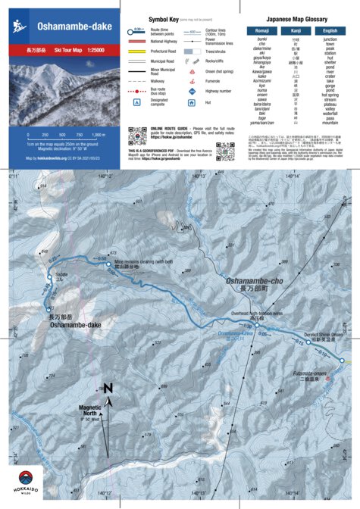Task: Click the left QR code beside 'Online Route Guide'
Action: coord(137,136)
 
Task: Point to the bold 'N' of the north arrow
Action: coord(108,388)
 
